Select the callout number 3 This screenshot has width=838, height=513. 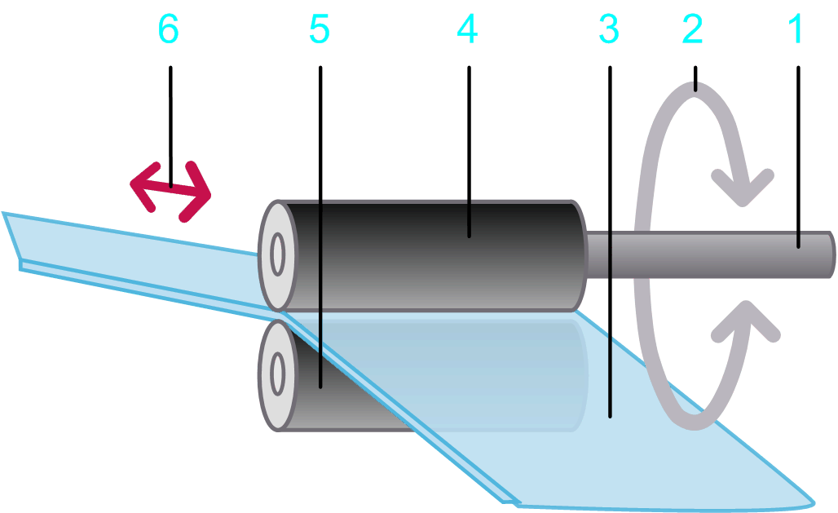(609, 30)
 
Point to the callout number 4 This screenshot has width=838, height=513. (467, 30)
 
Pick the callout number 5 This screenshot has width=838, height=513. (319, 30)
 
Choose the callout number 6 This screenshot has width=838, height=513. (168, 30)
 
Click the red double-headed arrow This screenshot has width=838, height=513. (171, 190)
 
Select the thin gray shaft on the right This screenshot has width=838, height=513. (709, 254)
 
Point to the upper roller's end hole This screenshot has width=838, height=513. (277, 255)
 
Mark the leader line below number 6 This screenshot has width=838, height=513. (170, 122)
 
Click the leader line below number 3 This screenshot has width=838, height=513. (610, 245)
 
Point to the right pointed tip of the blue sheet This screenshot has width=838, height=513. (813, 499)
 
